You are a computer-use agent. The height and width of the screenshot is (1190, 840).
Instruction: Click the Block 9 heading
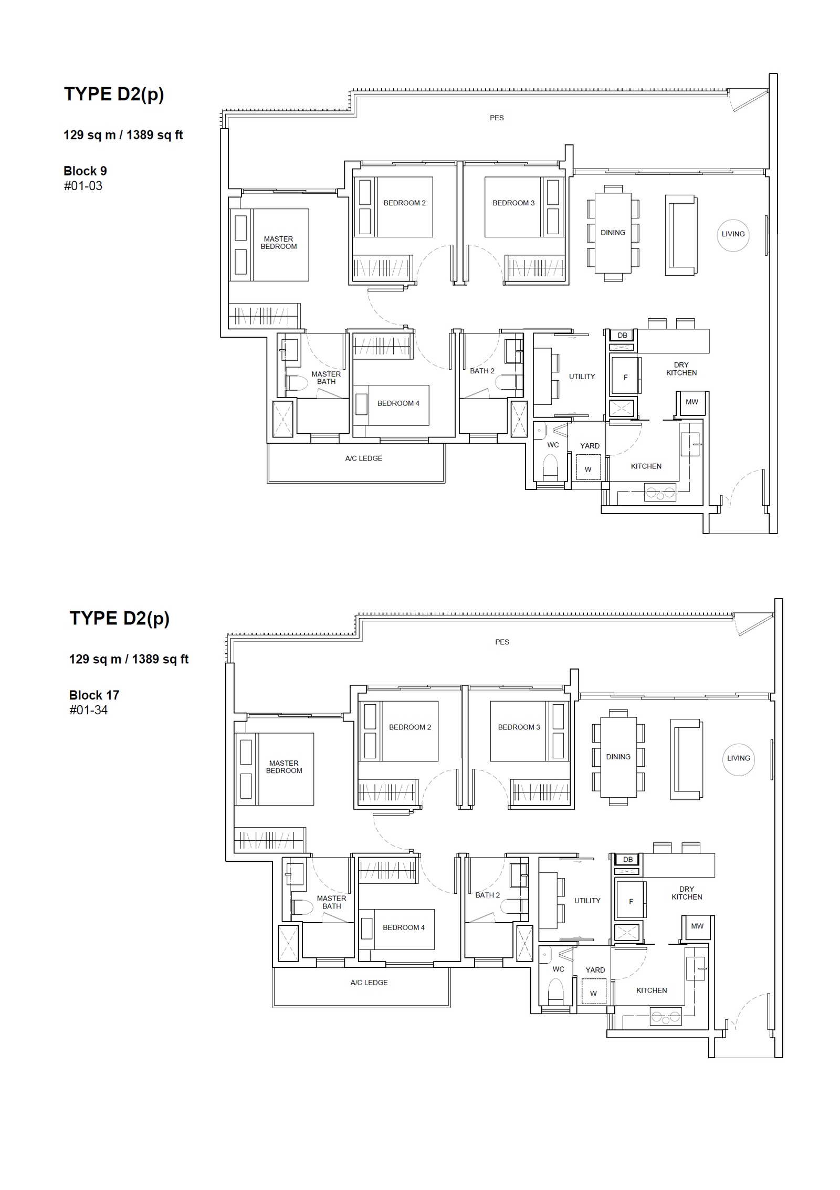point(85,171)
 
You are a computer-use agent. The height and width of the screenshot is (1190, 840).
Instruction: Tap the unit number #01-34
point(88,710)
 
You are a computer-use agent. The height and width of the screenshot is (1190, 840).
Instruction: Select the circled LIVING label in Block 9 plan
point(733,235)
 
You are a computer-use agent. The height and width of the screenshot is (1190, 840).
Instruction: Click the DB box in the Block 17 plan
point(628,860)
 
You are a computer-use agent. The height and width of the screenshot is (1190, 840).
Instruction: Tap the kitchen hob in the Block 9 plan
point(660,493)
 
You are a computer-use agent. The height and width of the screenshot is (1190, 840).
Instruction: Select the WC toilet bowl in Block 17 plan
point(555,991)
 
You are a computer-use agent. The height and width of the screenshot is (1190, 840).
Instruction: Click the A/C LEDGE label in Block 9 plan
point(364,458)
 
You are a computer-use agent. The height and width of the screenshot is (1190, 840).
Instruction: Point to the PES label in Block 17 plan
point(502,642)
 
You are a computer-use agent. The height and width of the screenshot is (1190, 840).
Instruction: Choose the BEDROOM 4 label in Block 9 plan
point(398,403)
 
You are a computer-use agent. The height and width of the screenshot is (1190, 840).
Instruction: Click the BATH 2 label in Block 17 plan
point(488,895)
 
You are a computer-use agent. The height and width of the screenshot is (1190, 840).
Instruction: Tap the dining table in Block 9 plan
point(613,233)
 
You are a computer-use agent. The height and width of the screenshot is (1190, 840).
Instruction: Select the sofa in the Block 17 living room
point(686,759)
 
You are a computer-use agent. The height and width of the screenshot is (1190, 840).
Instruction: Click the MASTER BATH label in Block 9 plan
point(326,378)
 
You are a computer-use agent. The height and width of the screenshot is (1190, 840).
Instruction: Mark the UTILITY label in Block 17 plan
point(587,901)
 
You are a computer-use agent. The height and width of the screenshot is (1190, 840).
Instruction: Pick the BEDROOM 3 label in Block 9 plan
point(513,203)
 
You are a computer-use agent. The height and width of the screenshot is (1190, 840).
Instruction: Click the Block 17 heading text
point(94,695)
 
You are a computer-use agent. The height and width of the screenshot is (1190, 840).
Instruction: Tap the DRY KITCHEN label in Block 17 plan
point(687,893)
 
